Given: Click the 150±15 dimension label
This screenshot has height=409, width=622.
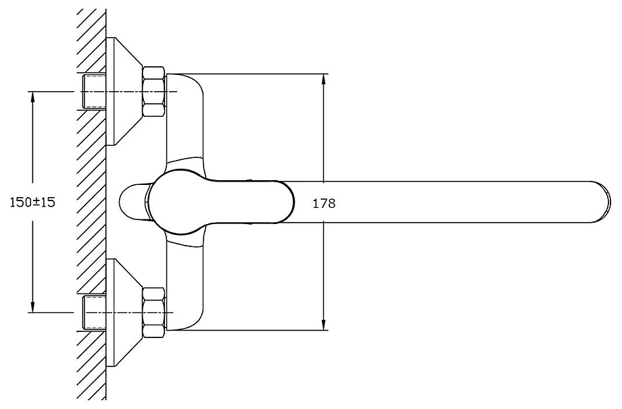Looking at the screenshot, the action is click(32, 202).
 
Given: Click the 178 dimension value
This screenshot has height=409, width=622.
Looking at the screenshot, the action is click(324, 204).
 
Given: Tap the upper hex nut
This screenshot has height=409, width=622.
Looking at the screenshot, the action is click(154, 92).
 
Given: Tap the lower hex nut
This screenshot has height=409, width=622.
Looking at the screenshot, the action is click(154, 312).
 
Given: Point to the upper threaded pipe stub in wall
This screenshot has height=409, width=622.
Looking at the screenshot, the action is click(94, 92).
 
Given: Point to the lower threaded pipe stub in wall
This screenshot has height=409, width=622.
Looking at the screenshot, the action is click(94, 312).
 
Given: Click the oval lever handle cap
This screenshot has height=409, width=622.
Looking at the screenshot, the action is click(221, 202).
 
